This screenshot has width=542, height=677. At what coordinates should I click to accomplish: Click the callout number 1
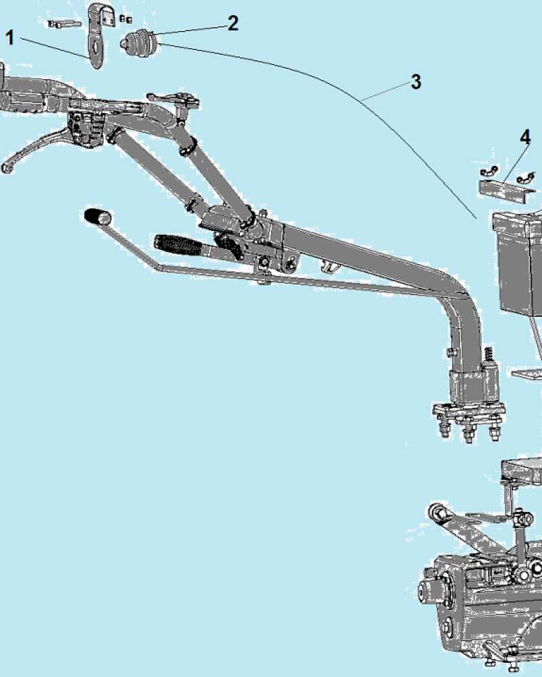9,37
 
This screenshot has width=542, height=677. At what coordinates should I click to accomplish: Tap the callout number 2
233,23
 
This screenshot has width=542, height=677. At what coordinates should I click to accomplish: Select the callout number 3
416,82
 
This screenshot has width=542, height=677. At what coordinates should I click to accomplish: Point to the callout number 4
525,137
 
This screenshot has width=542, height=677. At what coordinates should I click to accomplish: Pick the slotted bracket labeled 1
98,35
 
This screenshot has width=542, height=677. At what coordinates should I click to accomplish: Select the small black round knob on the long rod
98,217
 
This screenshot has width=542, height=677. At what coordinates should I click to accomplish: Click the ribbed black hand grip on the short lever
178,244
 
